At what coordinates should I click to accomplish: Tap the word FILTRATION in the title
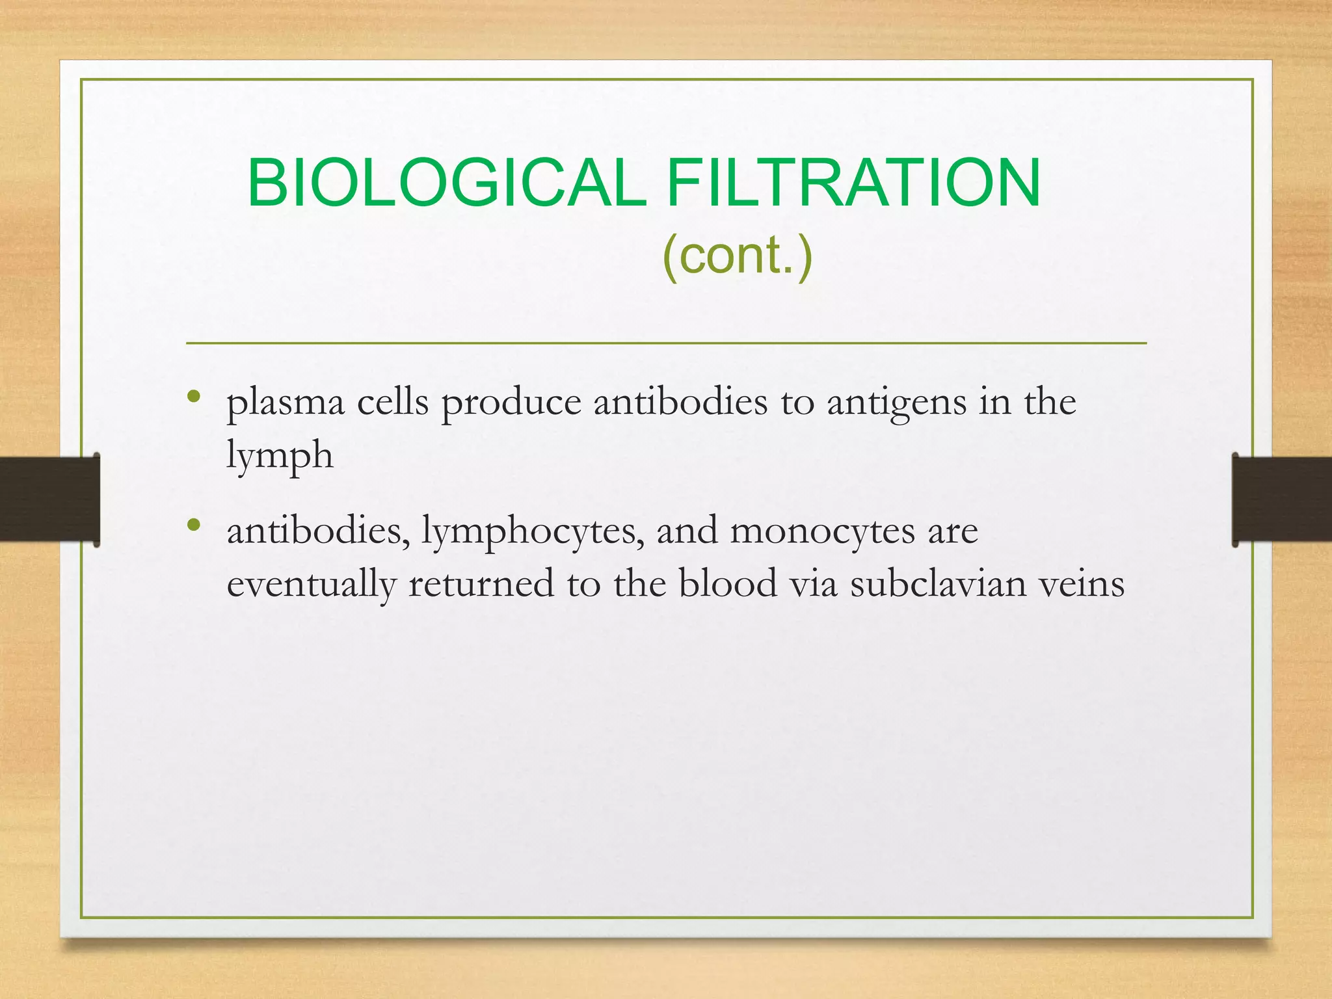pos(853,183)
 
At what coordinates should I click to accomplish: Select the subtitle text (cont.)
pos(738,255)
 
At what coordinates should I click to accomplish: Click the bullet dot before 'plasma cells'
pos(193,396)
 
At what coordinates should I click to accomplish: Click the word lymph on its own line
pos(280,455)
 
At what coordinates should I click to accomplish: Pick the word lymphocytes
pos(533,532)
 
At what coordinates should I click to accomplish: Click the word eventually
pos(311,584)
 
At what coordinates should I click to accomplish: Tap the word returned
pos(481,584)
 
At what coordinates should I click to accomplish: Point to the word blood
pos(728,584)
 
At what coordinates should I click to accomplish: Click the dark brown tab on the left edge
pos(49,499)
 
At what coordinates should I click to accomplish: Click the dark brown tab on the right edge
pos(1282,499)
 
